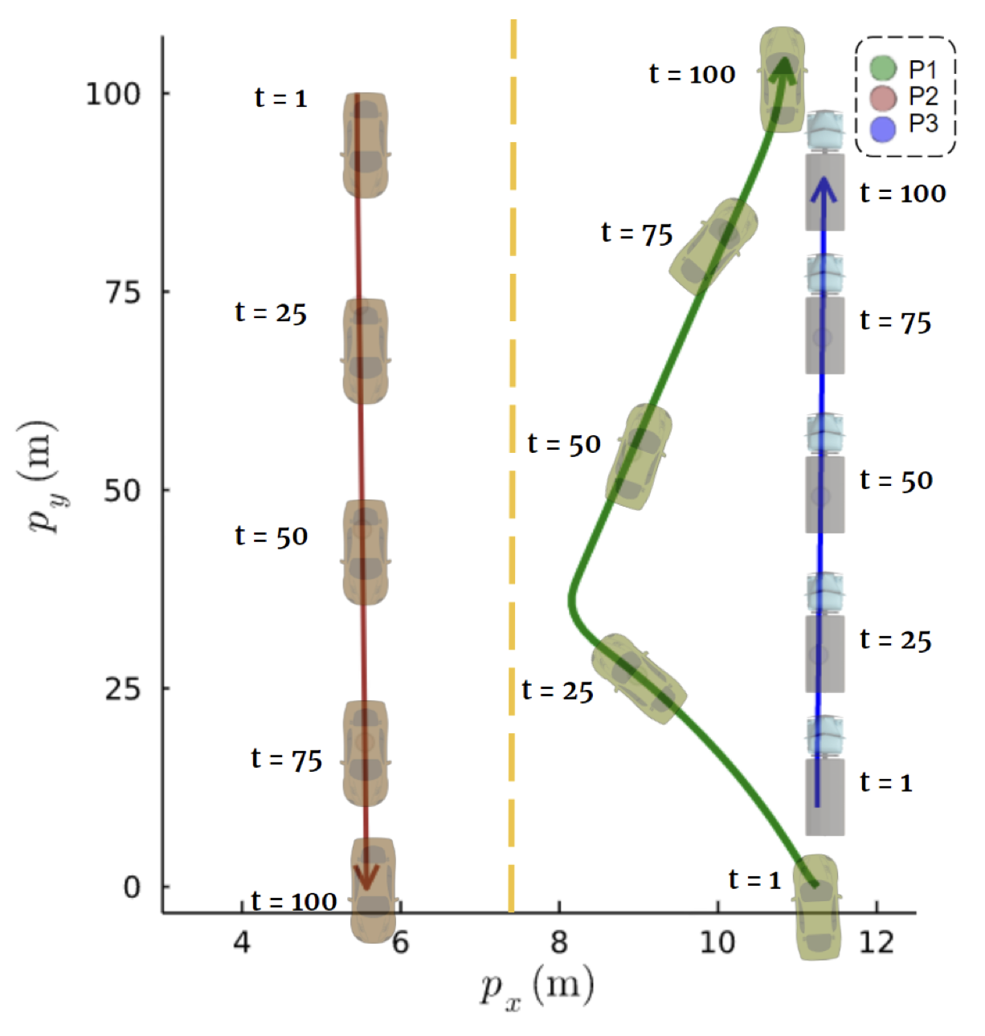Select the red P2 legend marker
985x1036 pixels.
(883, 97)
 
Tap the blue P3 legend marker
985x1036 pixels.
(883, 128)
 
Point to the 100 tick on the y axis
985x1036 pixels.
(113, 94)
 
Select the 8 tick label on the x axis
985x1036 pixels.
(559, 941)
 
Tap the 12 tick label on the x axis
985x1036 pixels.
(876, 941)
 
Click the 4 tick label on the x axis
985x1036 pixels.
(242, 941)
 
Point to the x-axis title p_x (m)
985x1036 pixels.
(537, 986)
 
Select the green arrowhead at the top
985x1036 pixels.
(783, 69)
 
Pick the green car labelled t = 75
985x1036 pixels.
(714, 246)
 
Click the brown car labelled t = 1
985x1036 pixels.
(366, 145)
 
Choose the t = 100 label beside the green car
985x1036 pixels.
(692, 75)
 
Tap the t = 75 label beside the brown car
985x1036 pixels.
(286, 759)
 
